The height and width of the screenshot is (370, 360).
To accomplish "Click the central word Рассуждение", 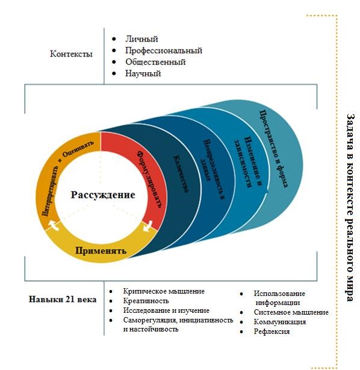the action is coord(103,195).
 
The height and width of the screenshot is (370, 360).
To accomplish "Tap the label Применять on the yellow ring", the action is coord(101,251).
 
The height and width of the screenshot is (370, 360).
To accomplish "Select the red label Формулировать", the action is coord(150,179).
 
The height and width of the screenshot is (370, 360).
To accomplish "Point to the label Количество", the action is coord(181,174).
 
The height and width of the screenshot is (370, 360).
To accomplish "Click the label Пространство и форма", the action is coord(273,149).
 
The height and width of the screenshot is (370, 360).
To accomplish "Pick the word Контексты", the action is coord(71,54).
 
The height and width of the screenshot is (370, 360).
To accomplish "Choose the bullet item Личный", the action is coord(141,39).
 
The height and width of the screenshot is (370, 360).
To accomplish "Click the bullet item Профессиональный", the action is coord(164,51).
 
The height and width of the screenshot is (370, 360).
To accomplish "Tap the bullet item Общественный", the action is coord(155,62).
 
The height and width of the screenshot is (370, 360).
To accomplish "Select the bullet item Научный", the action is coord(143,73).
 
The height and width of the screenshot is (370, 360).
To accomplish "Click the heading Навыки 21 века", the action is coord(63,300).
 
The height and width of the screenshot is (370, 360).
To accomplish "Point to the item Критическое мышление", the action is coord(164,291).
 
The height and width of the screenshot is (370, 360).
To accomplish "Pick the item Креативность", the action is coord(146,301).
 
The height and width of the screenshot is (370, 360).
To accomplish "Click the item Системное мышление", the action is coord(291,312).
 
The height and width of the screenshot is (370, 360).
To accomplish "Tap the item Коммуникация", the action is coord(280,322).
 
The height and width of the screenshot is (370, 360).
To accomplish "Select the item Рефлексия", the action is coord(272,331).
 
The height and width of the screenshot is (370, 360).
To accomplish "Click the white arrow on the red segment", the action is coord(148,226).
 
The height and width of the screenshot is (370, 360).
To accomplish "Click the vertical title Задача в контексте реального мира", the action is coord(351,207).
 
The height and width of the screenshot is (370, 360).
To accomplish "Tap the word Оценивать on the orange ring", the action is coord(78,149).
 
